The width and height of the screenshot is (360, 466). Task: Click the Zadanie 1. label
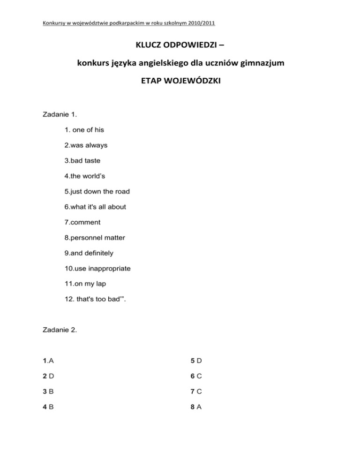pyautogui.click(x=59, y=114)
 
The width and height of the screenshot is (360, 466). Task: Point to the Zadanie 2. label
pyautogui.click(x=59, y=330)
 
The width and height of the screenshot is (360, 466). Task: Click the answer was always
pyautogui.click(x=86, y=145)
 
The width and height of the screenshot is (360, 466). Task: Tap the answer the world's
pyautogui.click(x=86, y=176)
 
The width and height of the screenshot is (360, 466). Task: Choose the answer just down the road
pyautogui.click(x=97, y=191)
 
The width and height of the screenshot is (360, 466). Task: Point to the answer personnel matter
pyautogui.click(x=95, y=238)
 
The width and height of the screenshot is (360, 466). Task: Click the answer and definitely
pyautogui.click(x=89, y=253)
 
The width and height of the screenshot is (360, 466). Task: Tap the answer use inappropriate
pyautogui.click(x=97, y=268)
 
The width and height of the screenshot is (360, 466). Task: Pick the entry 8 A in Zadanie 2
pyautogui.click(x=196, y=407)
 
